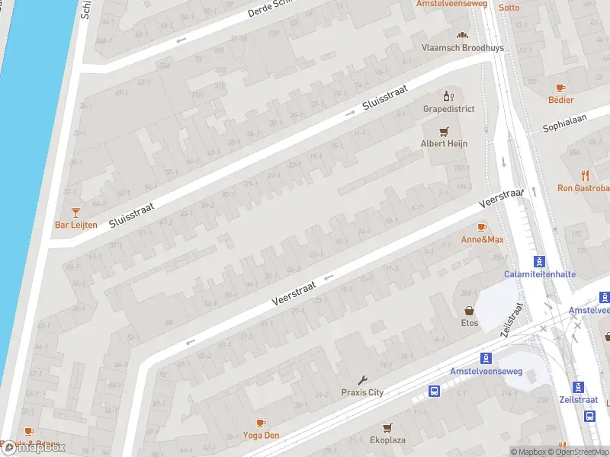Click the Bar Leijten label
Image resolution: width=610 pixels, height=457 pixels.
76,225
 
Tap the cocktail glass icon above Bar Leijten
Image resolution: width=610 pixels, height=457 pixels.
75,212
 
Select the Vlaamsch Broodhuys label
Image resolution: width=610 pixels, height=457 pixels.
453,47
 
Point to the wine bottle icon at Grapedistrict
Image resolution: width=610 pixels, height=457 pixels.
448,96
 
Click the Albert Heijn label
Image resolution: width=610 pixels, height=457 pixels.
445,144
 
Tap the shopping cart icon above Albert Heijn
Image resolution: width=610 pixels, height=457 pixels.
444,131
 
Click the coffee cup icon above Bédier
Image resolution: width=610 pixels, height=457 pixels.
561,88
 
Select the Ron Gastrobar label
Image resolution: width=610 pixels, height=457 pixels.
584,188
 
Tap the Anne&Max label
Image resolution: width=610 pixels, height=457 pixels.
483,240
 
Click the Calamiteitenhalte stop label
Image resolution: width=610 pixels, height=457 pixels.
540,274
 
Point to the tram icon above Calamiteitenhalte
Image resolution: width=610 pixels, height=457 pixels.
540,261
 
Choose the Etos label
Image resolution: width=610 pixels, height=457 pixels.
469,323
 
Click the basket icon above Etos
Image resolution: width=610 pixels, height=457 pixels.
469,311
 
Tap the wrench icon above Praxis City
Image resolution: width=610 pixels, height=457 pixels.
362,380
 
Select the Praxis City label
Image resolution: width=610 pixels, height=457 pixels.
362,393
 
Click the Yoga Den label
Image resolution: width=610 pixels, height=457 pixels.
261,436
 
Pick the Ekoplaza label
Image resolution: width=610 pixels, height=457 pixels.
387,440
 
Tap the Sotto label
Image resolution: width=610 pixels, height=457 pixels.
509,8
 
